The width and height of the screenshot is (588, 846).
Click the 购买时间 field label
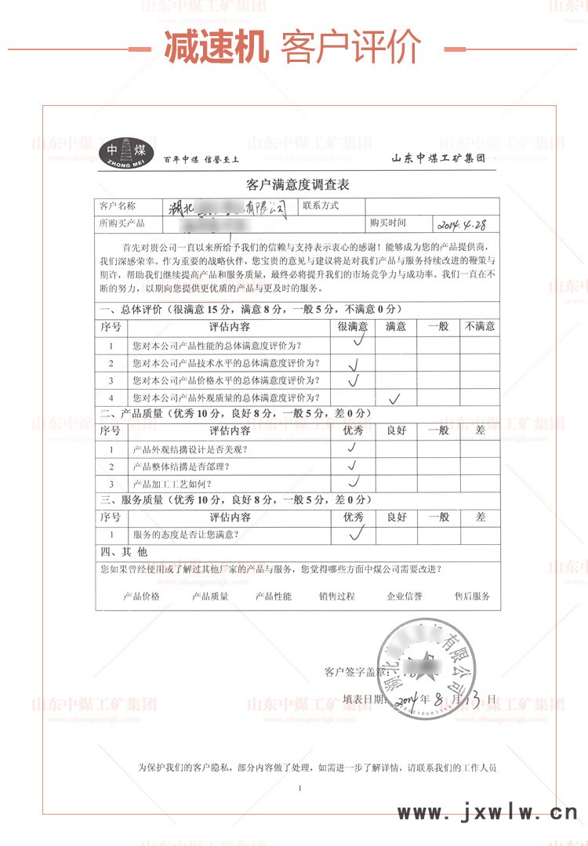click(x=389, y=223)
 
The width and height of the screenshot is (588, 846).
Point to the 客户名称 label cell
click(x=118, y=206)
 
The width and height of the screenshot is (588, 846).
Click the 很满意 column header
click(x=353, y=326)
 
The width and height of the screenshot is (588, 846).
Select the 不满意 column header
click(x=479, y=326)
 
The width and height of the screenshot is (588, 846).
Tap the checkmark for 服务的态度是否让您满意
click(x=358, y=534)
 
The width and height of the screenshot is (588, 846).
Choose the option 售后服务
click(x=472, y=596)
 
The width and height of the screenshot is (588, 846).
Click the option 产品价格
click(x=141, y=596)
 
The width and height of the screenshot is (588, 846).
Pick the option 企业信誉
click(x=404, y=596)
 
